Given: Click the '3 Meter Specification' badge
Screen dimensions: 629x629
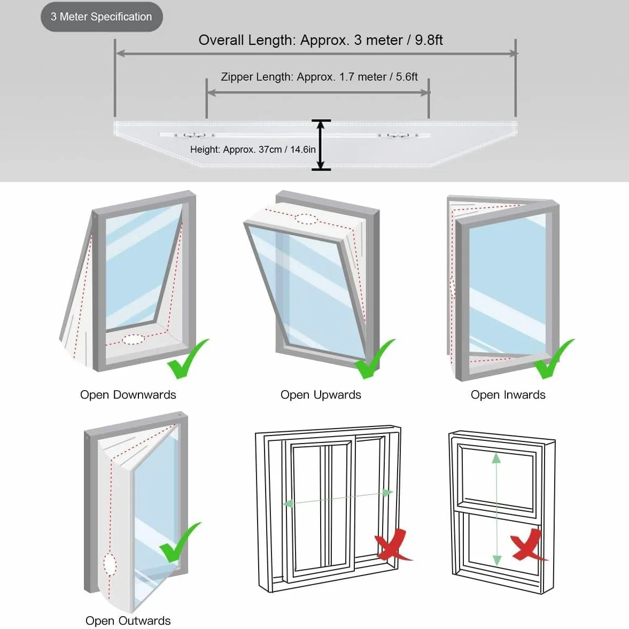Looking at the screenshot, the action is click(102, 17).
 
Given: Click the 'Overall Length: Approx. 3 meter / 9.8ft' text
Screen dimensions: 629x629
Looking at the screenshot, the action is click(321, 40).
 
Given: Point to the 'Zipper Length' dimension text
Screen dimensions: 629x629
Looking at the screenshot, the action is click(320, 76).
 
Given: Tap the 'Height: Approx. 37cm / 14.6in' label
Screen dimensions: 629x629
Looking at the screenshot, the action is click(253, 150).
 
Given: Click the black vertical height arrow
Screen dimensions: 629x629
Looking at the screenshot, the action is click(321, 145).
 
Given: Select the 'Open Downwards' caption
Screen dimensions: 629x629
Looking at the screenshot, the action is click(128, 395).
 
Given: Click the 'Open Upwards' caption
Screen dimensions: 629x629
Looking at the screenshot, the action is click(321, 395).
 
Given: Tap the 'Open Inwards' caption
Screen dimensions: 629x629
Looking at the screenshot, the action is click(508, 395).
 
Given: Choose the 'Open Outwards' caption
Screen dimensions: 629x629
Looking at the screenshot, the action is click(128, 620).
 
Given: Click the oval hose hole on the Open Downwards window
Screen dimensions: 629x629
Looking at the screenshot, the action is click(134, 339).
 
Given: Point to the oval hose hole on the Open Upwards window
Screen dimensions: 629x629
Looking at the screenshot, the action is click(306, 219).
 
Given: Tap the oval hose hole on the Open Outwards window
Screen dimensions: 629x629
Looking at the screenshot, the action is click(110, 564).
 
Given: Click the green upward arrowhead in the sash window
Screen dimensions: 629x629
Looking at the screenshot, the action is click(496, 458).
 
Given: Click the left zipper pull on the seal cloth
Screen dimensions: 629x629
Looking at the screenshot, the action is click(195, 135).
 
